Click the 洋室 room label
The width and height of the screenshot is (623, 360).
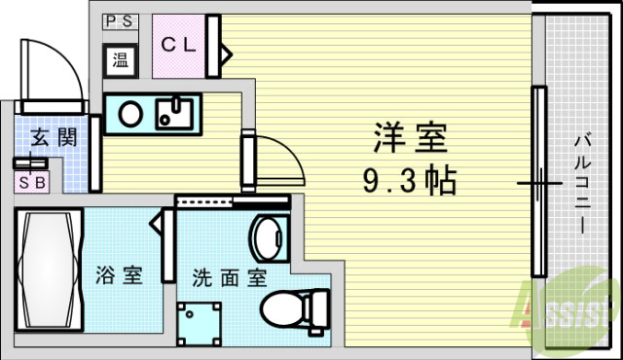click(409, 140)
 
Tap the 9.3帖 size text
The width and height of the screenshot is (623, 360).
click(409, 180)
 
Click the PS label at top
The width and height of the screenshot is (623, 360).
click(121, 19)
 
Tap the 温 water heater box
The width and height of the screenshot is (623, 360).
click(121, 58)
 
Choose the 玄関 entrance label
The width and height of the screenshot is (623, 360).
click(53, 137)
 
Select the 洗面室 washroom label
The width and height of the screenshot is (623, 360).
click(230, 276)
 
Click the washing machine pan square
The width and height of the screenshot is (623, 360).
click(201, 321)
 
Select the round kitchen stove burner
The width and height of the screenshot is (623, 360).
click(129, 114)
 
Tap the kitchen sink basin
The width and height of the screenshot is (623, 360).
click(176, 114)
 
